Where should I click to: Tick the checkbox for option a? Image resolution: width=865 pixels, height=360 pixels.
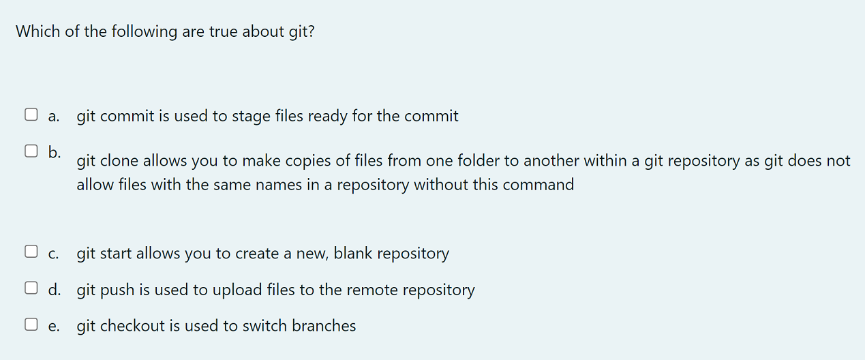point(31,115)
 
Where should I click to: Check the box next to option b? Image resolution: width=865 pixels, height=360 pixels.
point(31,151)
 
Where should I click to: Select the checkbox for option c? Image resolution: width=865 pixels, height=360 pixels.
point(31,252)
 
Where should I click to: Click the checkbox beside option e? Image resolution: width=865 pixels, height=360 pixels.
point(31,325)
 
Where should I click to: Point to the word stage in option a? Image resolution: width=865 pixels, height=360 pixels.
point(252,117)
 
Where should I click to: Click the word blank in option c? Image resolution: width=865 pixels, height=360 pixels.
point(352,254)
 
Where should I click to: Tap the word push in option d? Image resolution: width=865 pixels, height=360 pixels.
point(118,290)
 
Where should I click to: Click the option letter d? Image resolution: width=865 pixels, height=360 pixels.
point(54,289)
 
